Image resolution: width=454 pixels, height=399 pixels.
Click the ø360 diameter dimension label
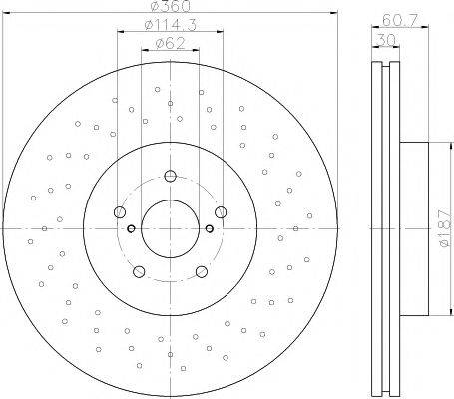pyautogui.click(x=170, y=5)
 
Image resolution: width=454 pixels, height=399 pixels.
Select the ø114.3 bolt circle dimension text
pyautogui.click(x=171, y=24)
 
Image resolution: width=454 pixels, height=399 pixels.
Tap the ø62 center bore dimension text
pyautogui.click(x=170, y=43)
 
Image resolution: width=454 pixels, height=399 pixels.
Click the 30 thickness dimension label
pyautogui.click(x=385, y=41)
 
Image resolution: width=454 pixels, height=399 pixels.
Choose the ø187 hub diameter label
pyautogui.click(x=446, y=228)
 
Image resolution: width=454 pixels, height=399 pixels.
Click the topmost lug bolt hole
pyautogui.click(x=170, y=176)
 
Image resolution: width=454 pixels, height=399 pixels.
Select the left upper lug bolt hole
pyautogui.click(x=120, y=212)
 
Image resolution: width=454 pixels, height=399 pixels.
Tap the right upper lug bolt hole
pyautogui.click(x=221, y=212)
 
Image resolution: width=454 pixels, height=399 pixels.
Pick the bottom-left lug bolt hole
pyautogui.click(x=139, y=271)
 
